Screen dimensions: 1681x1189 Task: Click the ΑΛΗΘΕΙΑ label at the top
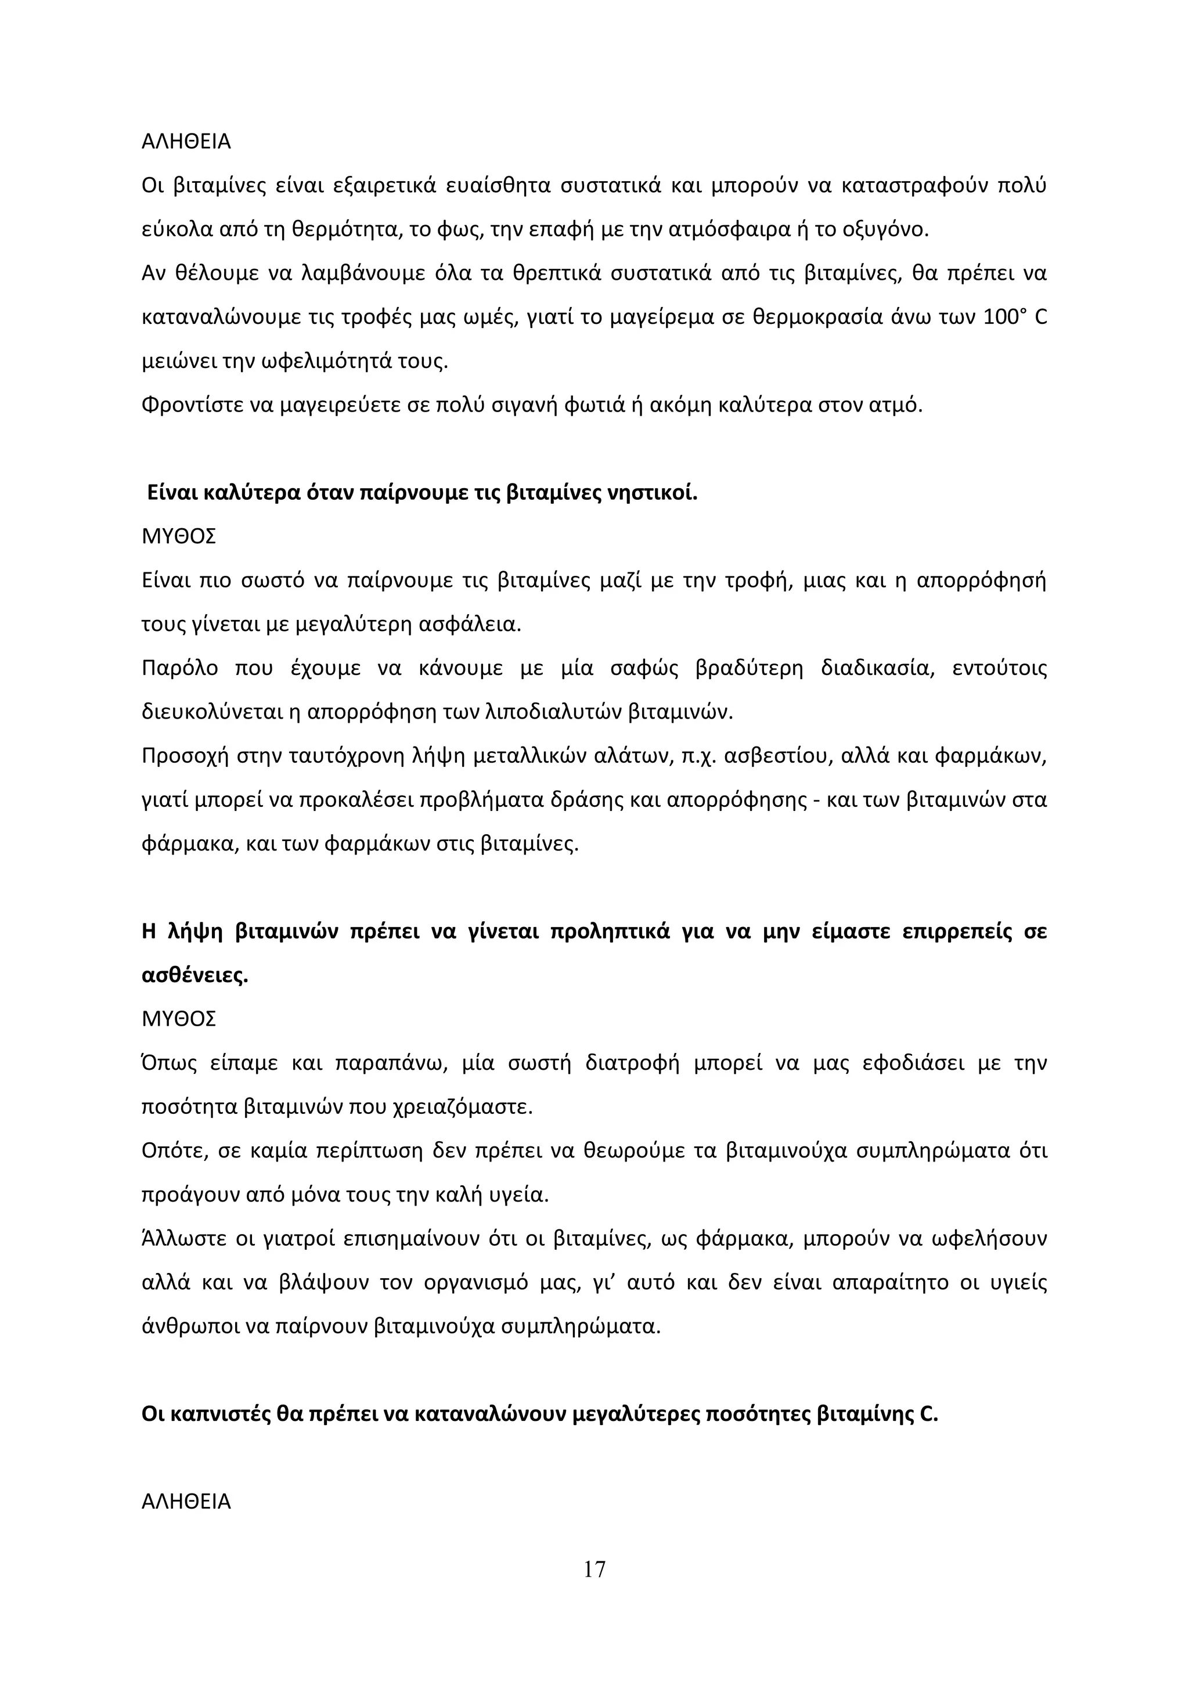pyautogui.click(x=186, y=142)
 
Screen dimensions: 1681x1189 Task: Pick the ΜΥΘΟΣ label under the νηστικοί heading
pyautogui.click(x=179, y=537)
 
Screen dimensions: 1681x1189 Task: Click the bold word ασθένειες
pyautogui.click(x=194, y=976)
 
